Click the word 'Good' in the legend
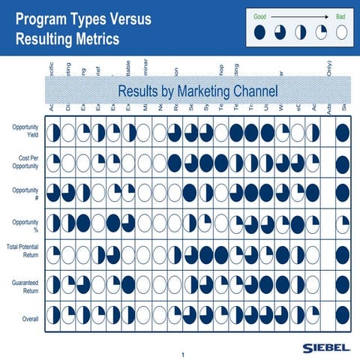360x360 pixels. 260,16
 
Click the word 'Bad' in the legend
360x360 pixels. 341,16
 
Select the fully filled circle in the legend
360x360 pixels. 259,32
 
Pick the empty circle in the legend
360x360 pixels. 342,32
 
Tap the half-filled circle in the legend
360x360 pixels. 301,32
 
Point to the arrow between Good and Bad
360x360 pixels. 300,16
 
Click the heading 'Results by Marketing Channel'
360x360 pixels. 197,91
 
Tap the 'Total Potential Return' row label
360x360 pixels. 22,251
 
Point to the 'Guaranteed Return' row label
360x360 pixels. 24,285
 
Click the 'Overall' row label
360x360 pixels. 30,319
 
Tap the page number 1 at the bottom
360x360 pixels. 181,354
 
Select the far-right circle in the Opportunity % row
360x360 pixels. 343,223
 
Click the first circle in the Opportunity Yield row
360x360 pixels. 54,133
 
